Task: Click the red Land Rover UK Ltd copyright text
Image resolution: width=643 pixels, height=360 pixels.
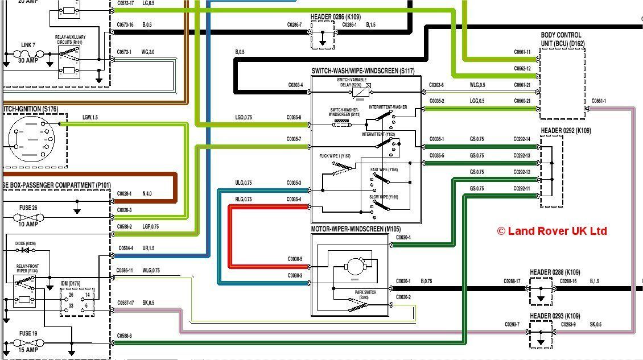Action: click(551, 231)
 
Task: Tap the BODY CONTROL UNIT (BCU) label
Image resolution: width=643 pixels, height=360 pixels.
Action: click(561, 39)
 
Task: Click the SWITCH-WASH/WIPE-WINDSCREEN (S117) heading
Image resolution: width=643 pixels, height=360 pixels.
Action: click(363, 71)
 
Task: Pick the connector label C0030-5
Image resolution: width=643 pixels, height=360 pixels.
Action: click(294, 259)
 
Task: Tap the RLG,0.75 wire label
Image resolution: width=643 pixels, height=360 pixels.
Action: click(243, 200)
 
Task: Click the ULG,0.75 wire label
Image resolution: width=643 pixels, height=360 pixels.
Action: click(243, 183)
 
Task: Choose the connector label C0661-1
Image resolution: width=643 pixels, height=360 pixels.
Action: click(599, 101)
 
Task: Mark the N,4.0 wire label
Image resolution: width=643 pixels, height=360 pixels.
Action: click(147, 194)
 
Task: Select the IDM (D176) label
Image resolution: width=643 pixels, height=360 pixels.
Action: click(71, 283)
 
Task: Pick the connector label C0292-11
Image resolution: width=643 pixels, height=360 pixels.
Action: click(521, 189)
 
